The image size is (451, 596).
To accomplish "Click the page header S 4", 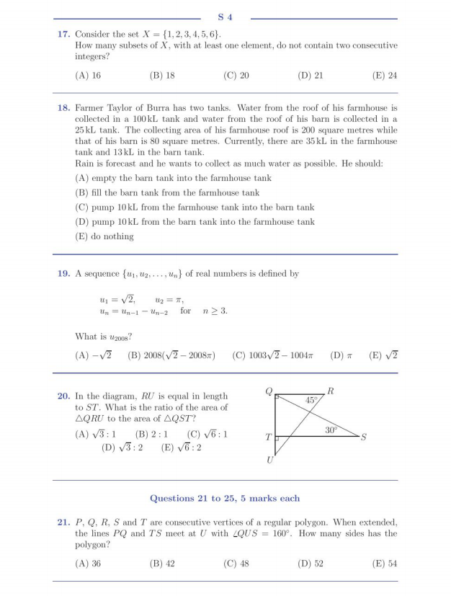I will pos(225,17).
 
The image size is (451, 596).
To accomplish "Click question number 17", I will pos(63,35).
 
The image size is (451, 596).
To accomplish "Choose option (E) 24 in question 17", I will pos(385,75).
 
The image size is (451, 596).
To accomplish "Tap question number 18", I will pos(63,107).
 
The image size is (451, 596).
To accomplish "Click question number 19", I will pos(63,274).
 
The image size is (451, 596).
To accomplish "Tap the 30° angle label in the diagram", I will pos(331,430).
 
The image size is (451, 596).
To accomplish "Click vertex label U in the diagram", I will pos(270,461).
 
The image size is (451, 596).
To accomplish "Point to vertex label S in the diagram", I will pos(364,437).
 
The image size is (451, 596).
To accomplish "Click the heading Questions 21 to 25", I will pos(225,498).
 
